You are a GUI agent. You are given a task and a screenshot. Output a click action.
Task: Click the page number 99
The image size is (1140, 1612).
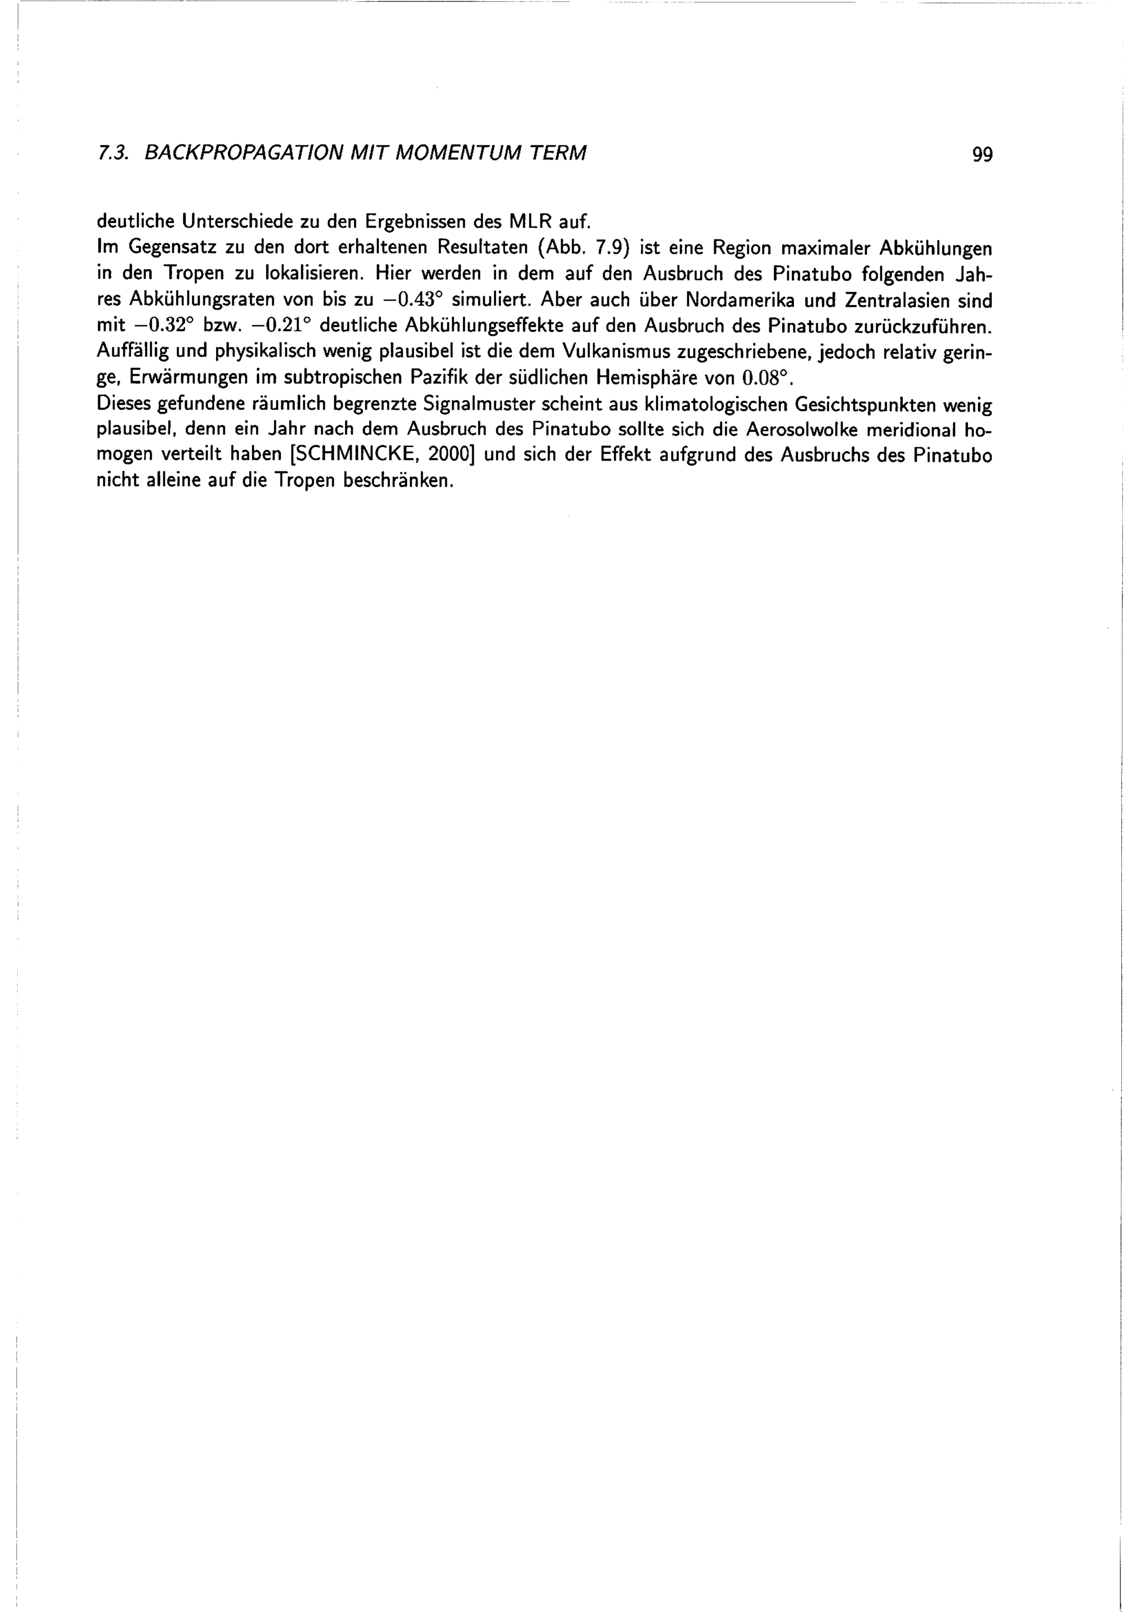(982, 154)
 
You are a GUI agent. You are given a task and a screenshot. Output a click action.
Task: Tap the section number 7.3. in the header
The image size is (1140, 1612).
(112, 153)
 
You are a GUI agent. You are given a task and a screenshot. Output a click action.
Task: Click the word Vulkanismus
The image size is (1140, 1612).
(615, 352)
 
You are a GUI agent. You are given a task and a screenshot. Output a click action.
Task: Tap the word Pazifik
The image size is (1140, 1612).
(436, 378)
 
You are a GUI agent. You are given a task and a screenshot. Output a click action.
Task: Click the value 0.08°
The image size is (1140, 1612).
(767, 378)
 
